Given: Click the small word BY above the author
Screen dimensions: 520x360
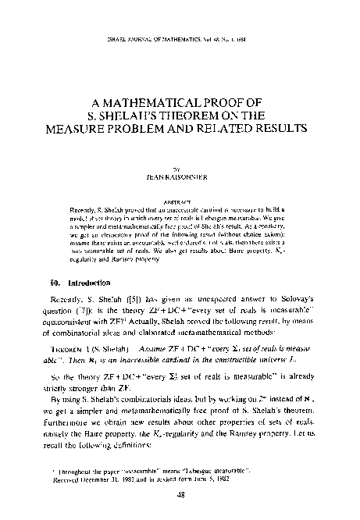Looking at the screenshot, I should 180,167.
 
